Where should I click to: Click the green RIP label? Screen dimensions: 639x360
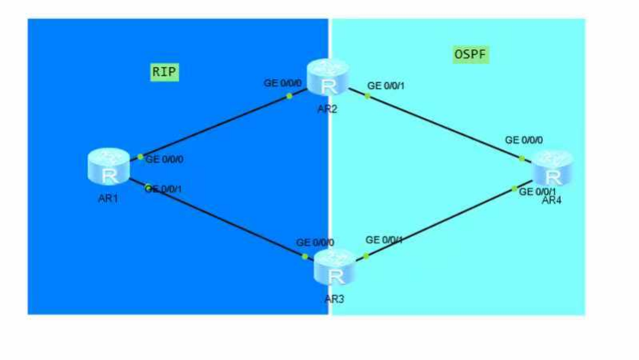point(164,72)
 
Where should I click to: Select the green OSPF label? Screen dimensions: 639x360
point(470,54)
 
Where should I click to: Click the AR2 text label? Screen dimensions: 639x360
point(327,109)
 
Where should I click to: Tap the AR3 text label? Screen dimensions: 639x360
point(335,299)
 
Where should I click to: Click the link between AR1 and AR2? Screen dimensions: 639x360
point(216,126)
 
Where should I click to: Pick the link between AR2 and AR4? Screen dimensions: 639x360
point(443,126)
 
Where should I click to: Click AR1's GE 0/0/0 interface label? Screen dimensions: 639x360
point(165,159)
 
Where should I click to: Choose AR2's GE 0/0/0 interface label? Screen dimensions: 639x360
point(284,82)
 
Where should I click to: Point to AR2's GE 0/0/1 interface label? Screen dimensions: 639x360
point(386,85)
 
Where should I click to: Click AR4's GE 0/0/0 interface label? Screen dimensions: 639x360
point(524,140)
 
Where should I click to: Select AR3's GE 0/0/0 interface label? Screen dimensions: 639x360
point(316,242)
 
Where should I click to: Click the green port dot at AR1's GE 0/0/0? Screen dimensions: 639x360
point(141,157)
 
